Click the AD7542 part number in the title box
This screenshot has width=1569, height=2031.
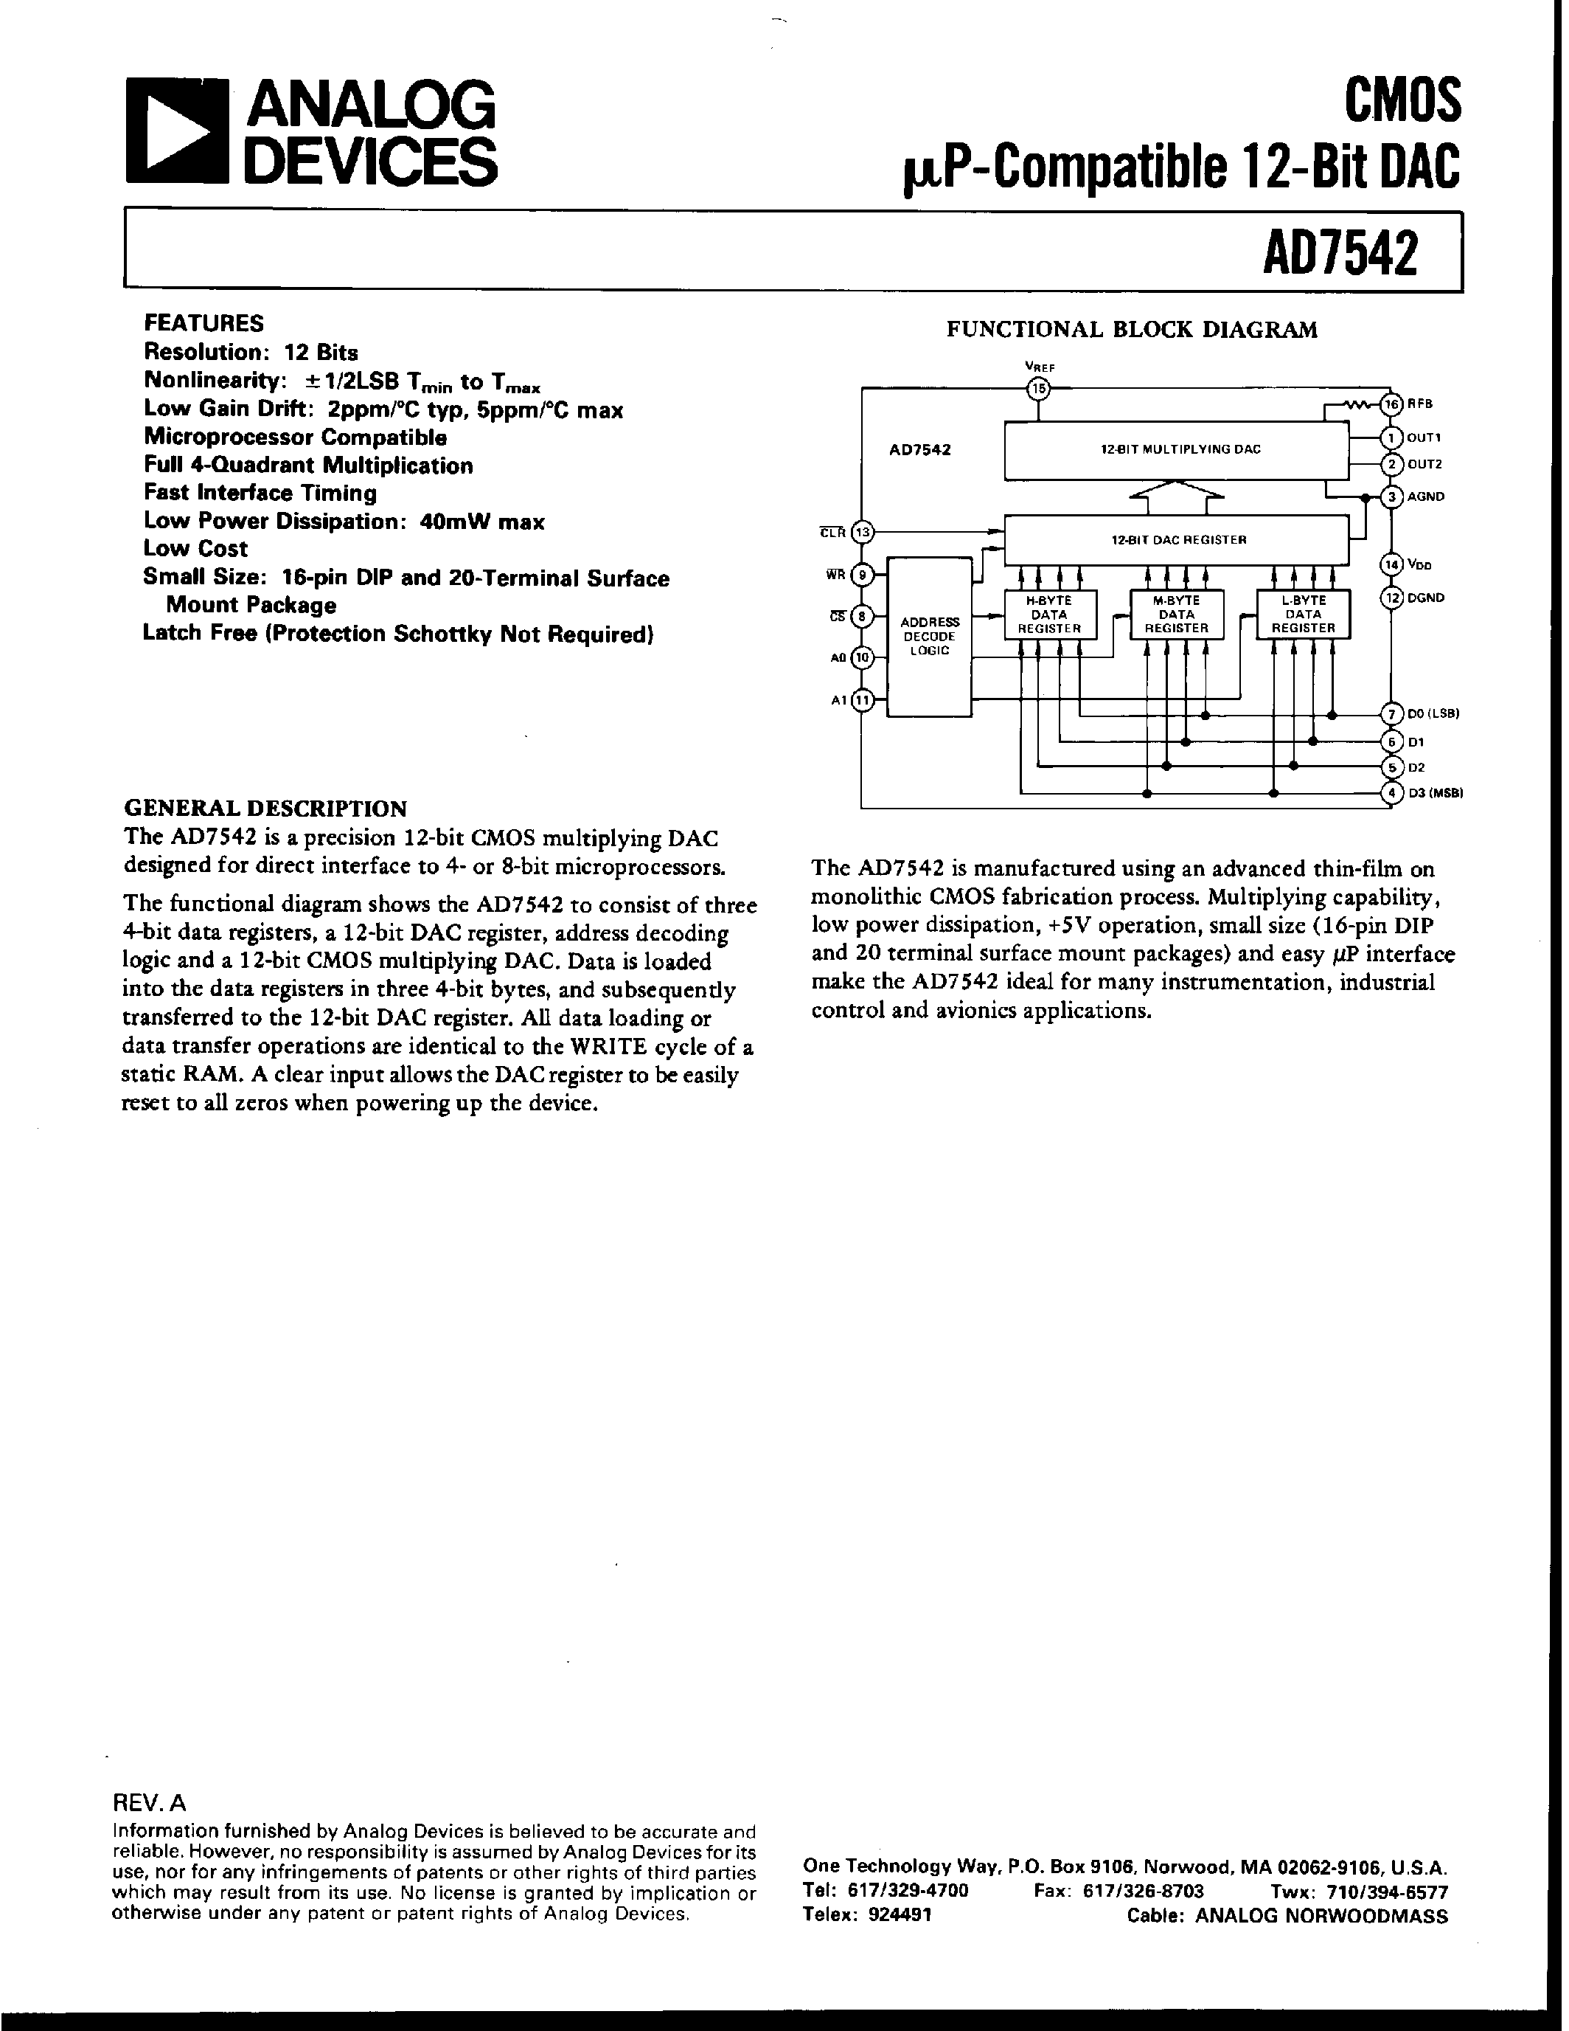pos(1340,252)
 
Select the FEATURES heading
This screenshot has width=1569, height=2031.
pos(203,322)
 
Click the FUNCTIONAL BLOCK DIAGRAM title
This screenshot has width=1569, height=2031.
pos(1130,329)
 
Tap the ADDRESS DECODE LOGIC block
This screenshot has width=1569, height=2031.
pos(930,636)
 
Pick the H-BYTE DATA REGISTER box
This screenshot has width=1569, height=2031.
pos(1049,615)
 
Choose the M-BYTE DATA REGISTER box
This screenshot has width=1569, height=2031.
pos(1176,615)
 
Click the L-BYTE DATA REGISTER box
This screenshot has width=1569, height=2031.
pos(1303,615)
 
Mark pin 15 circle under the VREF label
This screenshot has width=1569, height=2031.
pos(1037,389)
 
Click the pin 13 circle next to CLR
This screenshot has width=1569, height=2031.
pos(863,532)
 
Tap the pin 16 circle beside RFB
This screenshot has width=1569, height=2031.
pos(1391,404)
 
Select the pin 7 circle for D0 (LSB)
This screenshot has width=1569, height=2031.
pos(1391,714)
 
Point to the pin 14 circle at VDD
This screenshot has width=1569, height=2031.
pos(1391,564)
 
